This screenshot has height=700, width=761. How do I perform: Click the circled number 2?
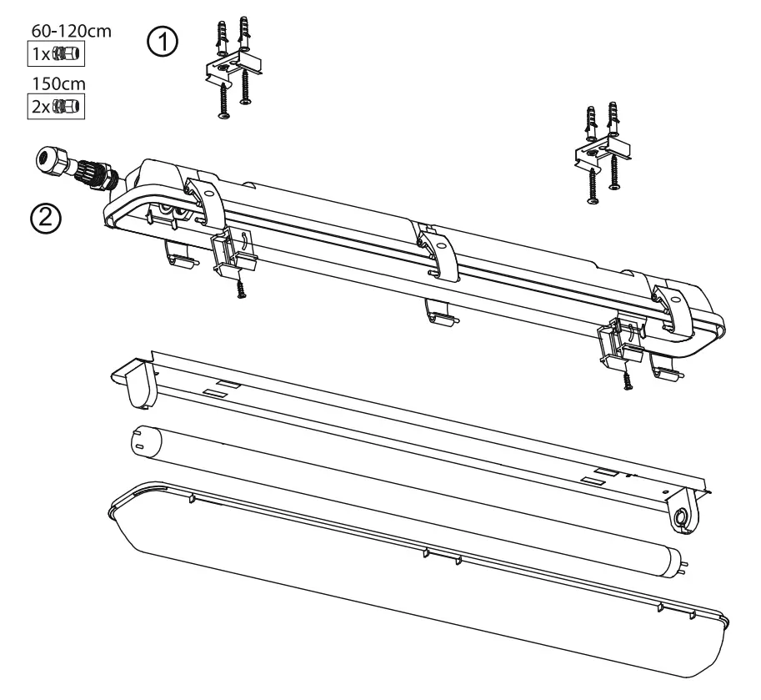coord(45,219)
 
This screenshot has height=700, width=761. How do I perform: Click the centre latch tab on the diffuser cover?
coord(442,556)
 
